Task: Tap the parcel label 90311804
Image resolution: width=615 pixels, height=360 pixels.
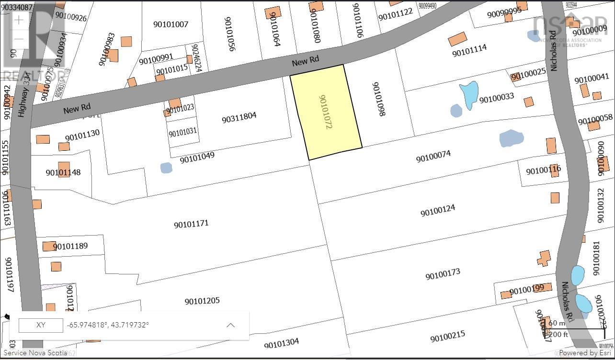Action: [x=239, y=117]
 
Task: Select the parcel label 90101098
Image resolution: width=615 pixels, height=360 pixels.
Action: [x=378, y=99]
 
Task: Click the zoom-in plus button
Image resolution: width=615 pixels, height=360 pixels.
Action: [x=19, y=20]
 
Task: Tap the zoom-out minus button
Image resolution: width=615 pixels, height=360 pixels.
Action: [x=19, y=39]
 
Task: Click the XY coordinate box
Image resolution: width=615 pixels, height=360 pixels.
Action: [x=41, y=325]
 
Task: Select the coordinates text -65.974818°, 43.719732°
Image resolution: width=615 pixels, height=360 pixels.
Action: [x=108, y=325]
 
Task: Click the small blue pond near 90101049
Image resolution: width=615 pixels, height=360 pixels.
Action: [x=166, y=168]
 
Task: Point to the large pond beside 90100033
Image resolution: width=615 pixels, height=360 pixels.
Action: [x=469, y=93]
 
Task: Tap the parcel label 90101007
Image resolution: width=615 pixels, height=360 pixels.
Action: [x=171, y=24]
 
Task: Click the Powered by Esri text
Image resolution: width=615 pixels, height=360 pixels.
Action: [x=584, y=353]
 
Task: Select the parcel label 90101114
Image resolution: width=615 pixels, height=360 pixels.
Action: [x=469, y=50]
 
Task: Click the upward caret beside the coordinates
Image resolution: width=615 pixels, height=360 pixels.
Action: [x=230, y=325]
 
